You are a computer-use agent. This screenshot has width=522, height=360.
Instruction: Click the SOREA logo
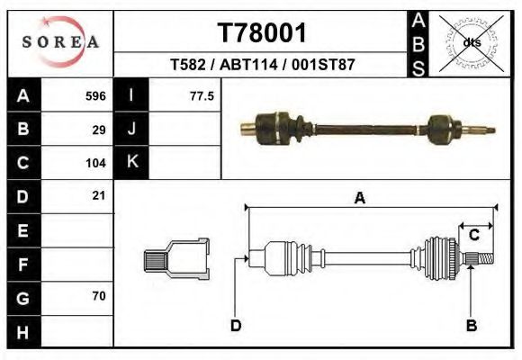tap(60, 42)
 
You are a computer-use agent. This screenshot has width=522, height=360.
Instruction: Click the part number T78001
tap(263, 33)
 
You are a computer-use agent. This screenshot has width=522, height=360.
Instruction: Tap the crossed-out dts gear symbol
tap(471, 42)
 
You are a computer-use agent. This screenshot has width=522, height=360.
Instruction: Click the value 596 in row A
tap(95, 96)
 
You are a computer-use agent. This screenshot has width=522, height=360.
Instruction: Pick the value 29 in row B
tap(99, 130)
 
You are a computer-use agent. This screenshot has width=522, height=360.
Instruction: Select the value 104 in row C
tap(95, 163)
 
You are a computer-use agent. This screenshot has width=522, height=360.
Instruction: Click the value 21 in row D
tap(99, 196)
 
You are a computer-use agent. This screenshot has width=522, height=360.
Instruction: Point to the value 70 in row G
tap(99, 296)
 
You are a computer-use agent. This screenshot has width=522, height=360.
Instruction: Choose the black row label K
tap(131, 163)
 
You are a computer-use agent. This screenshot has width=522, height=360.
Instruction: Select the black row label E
tap(22, 230)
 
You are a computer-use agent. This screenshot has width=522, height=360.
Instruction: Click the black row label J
tap(131, 130)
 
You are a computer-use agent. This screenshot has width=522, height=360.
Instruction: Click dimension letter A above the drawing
tap(359, 199)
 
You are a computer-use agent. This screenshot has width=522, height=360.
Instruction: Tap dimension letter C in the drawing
tap(473, 235)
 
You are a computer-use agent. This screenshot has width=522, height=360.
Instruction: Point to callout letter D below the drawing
tap(235, 325)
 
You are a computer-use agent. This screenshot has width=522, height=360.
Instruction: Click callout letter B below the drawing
tap(470, 325)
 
